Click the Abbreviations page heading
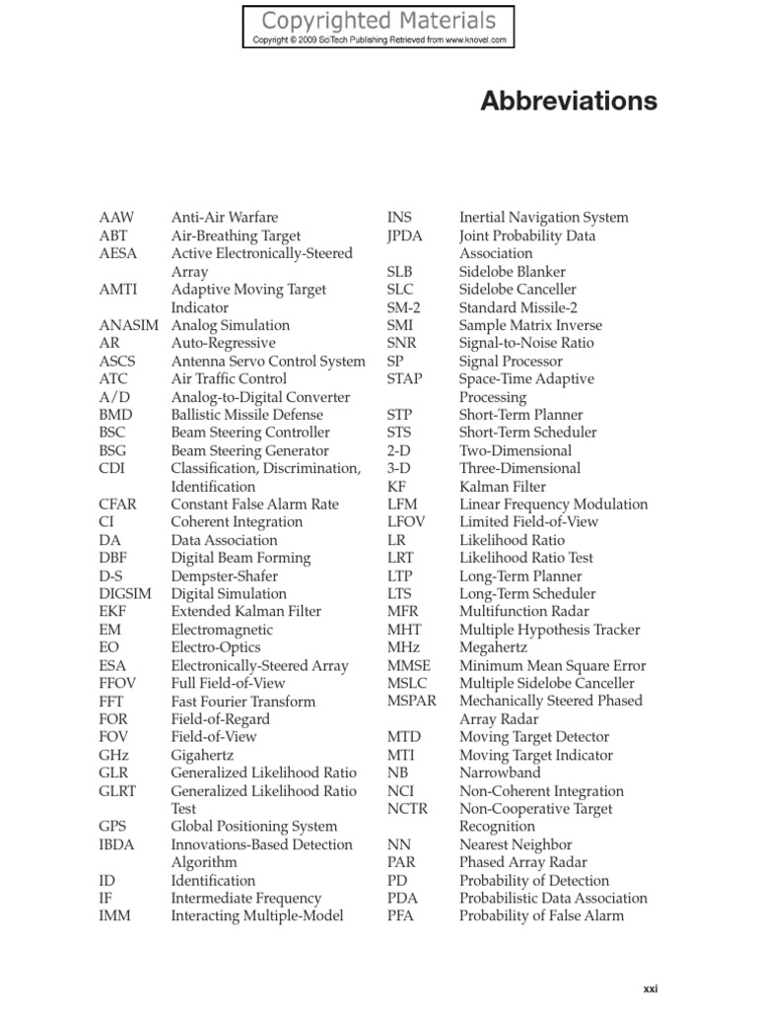569,101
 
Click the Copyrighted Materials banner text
379,20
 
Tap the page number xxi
650,988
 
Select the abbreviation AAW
116,218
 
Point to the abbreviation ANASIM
125,325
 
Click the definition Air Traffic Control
229,378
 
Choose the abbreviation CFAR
118,504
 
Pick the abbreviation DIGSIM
124,594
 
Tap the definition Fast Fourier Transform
242,702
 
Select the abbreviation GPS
113,827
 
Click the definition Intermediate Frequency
245,899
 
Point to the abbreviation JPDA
406,235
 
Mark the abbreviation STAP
405,378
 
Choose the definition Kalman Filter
502,487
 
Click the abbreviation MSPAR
412,701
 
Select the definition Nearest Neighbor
515,844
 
